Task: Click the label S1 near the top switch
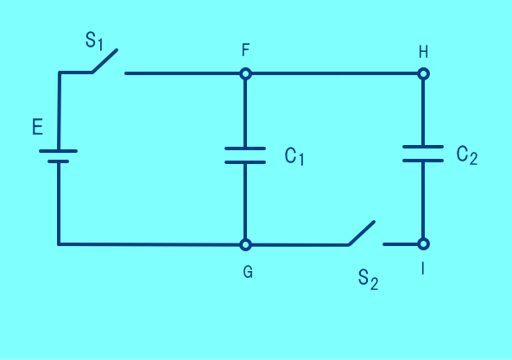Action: tap(94, 41)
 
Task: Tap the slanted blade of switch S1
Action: tap(104, 61)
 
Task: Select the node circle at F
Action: tap(245, 73)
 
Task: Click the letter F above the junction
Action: tap(245, 50)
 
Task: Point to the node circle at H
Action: tap(423, 73)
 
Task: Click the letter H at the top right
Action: tap(423, 52)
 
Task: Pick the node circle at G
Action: tap(245, 244)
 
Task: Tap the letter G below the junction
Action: tap(248, 272)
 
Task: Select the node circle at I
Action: tap(423, 243)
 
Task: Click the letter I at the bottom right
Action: tap(423, 268)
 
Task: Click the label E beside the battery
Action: tap(37, 127)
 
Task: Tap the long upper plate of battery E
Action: tap(58, 151)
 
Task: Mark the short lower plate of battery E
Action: tap(58, 161)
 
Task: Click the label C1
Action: tap(294, 156)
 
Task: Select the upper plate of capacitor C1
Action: tap(245, 148)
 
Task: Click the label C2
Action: tap(467, 155)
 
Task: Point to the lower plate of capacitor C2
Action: tap(423, 161)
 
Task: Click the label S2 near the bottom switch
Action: tap(368, 279)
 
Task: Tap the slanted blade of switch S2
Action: tap(362, 233)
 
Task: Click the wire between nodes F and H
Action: tap(334, 73)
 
